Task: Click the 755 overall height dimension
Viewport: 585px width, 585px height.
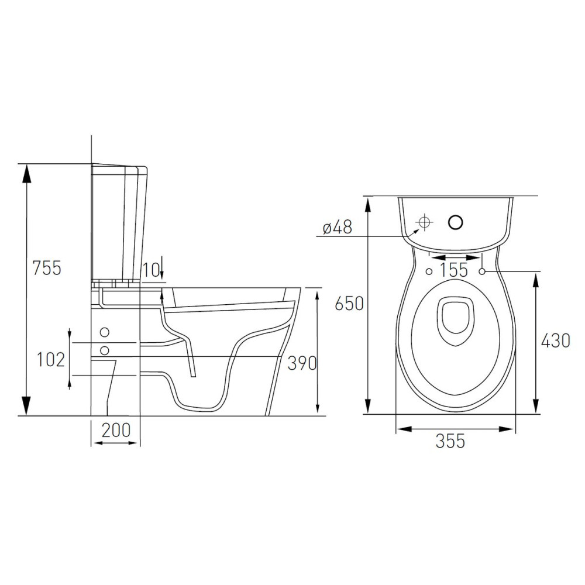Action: click(47, 268)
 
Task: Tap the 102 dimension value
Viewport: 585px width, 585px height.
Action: click(50, 360)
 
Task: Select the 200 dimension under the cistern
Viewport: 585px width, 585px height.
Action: click(116, 430)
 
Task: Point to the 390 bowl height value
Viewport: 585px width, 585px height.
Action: click(302, 363)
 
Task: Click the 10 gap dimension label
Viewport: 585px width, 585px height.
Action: click(152, 269)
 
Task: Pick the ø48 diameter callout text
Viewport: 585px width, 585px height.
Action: click(338, 226)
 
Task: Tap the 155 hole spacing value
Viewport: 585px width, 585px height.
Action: click(454, 269)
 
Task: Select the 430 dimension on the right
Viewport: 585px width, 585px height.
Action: click(556, 340)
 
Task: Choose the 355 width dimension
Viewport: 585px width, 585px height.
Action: click(450, 441)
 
